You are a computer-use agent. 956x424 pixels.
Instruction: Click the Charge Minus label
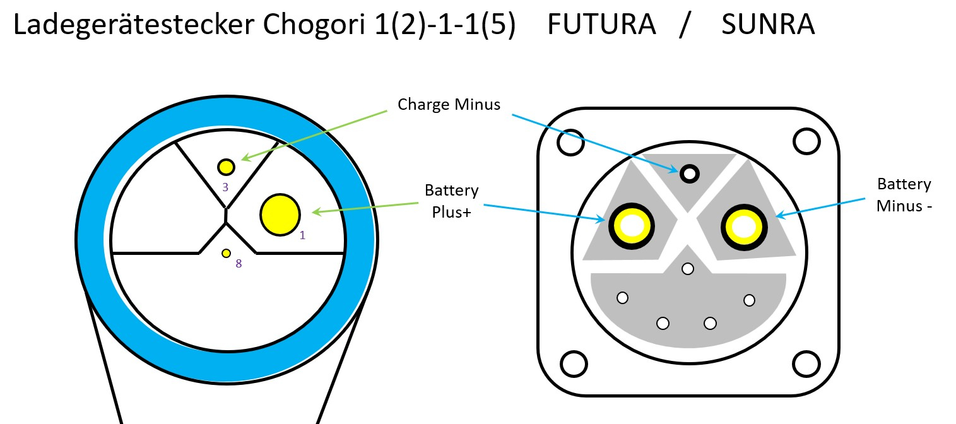click(x=449, y=104)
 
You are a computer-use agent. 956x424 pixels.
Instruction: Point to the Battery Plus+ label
click(x=451, y=201)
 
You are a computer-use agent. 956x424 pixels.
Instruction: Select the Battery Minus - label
click(x=904, y=195)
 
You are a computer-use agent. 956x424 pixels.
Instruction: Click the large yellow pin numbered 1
click(x=280, y=215)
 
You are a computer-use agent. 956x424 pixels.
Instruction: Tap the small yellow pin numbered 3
click(x=226, y=167)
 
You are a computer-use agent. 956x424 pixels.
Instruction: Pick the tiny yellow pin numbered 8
click(x=226, y=253)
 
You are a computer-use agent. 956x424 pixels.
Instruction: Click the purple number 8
click(x=239, y=264)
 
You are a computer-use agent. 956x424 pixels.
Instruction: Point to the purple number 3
click(x=225, y=187)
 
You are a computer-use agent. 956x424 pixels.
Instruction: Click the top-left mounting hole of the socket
click(x=570, y=143)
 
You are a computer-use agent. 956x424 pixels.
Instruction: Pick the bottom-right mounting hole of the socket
click(x=806, y=363)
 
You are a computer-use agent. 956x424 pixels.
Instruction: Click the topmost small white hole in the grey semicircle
click(x=688, y=269)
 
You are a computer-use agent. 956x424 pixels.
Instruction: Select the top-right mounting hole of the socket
click(x=806, y=141)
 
